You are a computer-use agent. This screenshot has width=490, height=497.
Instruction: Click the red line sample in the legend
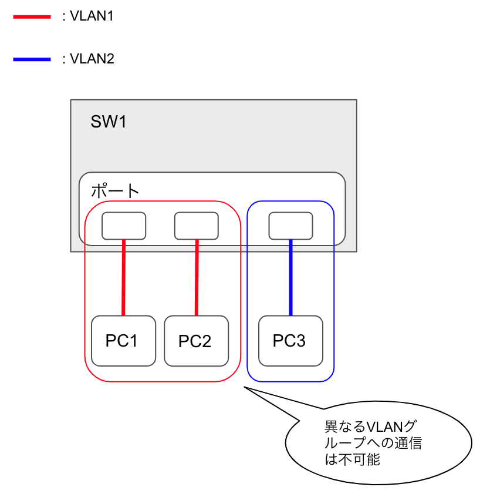pos(32,17)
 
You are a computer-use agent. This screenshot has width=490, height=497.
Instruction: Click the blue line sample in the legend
pos(32,59)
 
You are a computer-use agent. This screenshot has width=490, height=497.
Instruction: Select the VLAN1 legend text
pos(91,16)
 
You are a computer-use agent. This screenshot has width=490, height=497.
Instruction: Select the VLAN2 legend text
pos(91,59)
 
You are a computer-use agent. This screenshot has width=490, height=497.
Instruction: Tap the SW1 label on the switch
pos(109,122)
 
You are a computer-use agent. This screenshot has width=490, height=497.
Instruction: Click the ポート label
pos(115,191)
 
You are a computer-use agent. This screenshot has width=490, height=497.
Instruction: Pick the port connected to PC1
pos(124,226)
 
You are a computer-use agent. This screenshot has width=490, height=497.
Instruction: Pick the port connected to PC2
pos(197,226)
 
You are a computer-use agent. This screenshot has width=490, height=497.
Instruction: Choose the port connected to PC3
pos(290,226)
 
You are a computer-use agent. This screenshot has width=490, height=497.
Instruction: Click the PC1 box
pos(123,341)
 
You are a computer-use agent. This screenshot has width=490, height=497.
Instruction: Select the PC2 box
pos(196,341)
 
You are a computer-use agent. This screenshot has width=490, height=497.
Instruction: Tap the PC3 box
pos(290,341)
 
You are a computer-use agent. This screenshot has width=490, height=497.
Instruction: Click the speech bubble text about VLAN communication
pos(373,442)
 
